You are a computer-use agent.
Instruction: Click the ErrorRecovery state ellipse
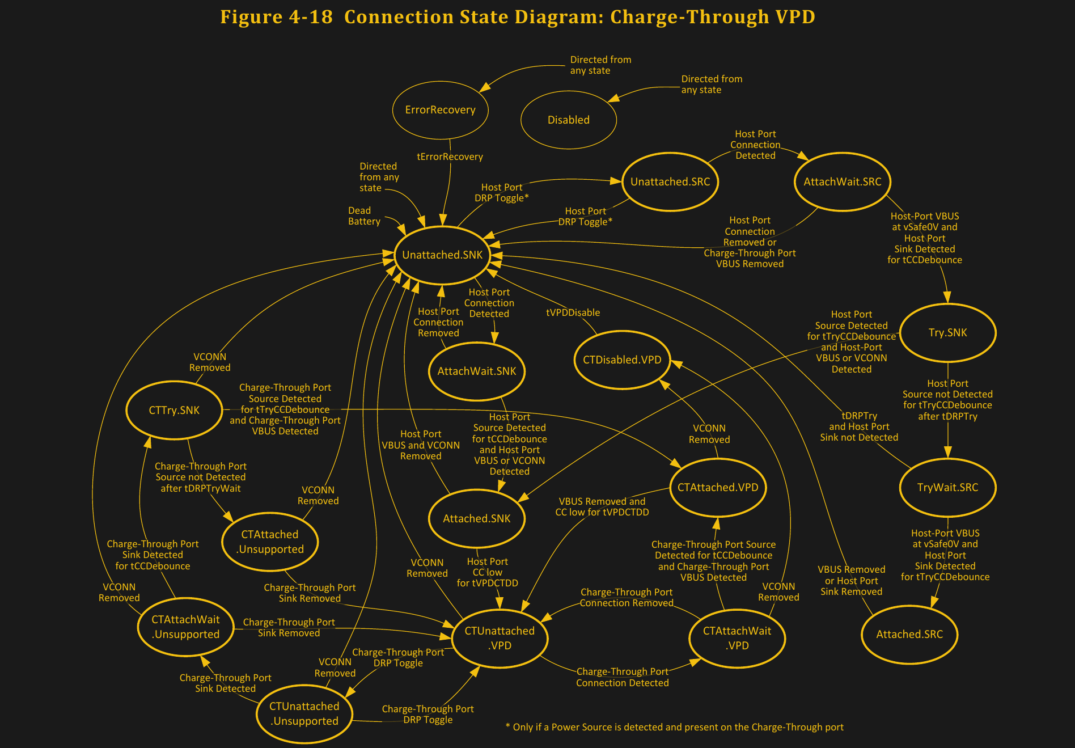coord(440,110)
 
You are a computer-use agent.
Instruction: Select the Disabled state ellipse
coord(568,120)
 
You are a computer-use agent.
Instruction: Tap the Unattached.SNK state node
coord(442,255)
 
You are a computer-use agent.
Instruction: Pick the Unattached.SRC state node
coord(670,182)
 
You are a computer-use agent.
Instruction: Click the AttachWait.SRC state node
coord(842,182)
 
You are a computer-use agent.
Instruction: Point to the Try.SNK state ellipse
coord(947,333)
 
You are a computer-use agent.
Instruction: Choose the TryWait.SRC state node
coord(947,488)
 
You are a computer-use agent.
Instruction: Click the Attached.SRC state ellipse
coord(909,635)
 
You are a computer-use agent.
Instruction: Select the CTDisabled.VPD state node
coord(622,360)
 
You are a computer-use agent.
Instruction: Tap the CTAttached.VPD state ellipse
coord(718,488)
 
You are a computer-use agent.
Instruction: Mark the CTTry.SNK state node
coord(174,411)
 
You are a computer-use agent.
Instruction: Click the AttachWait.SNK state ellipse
coord(476,371)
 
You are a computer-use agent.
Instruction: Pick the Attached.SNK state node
coord(476,519)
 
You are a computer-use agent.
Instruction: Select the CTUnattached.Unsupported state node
coord(304,713)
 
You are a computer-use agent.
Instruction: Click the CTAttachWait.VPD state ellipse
coord(737,638)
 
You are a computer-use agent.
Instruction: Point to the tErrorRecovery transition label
coord(450,157)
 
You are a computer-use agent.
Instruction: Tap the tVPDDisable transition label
coord(573,313)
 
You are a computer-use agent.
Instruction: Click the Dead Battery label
coord(364,216)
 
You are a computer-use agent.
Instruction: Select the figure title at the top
coord(517,17)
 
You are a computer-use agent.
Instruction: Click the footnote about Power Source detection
coord(674,728)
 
